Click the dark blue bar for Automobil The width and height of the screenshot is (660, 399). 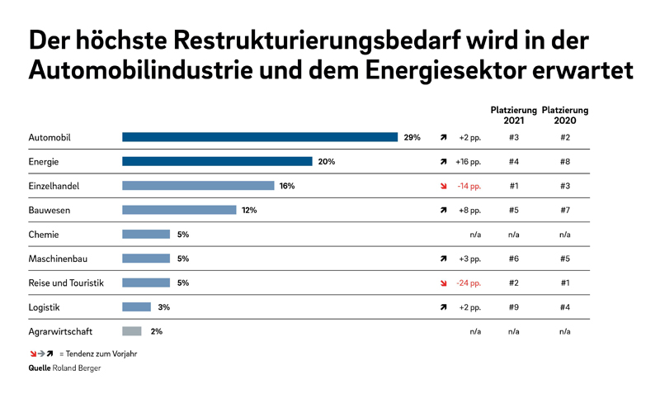[x=259, y=137]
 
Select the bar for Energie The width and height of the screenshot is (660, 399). [x=217, y=161]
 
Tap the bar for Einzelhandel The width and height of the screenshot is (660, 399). [x=198, y=186]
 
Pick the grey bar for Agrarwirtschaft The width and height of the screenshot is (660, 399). [x=132, y=331]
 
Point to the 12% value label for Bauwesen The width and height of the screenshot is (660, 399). [x=249, y=210]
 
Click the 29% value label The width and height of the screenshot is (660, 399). [x=412, y=137]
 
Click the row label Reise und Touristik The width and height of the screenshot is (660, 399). [x=66, y=283]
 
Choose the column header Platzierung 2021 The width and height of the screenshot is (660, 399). [x=513, y=115]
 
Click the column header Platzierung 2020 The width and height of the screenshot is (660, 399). [x=565, y=115]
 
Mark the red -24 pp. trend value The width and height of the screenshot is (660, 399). [x=468, y=283]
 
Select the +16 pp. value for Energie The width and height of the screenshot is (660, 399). [x=468, y=161]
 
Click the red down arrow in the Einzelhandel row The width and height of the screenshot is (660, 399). [x=443, y=186]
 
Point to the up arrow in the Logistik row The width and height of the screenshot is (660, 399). [x=443, y=307]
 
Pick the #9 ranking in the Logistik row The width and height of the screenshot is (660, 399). [x=514, y=307]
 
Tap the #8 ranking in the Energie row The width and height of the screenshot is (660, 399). [x=565, y=161]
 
